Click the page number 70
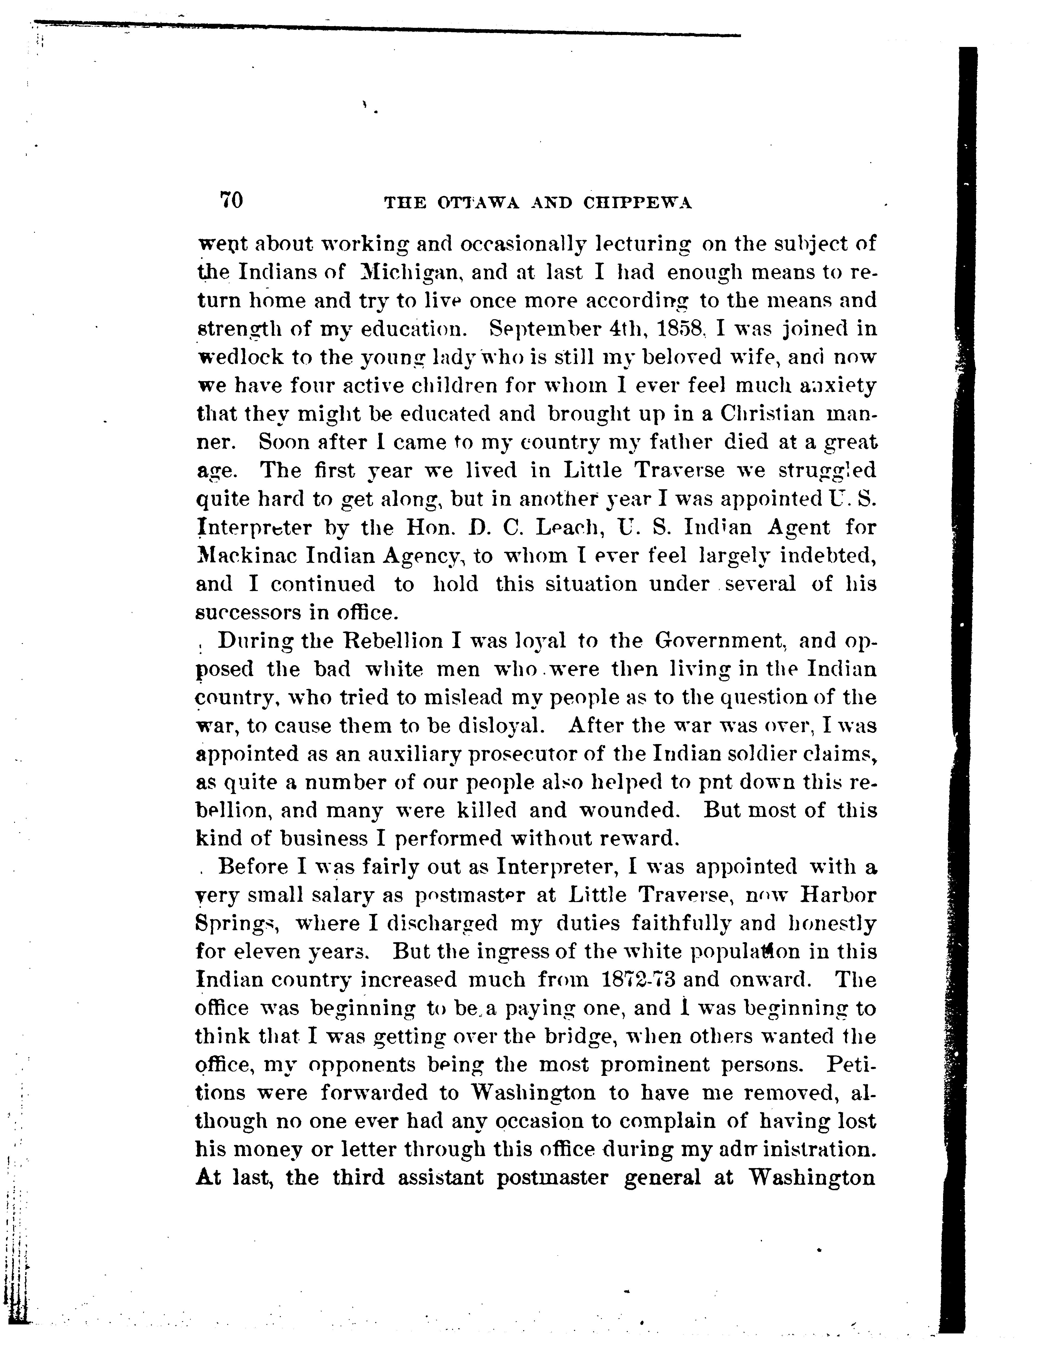pyautogui.click(x=231, y=200)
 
